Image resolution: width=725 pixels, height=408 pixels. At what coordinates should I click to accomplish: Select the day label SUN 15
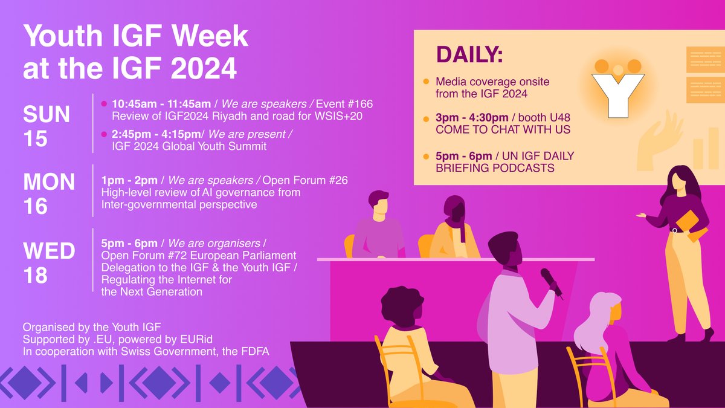47,125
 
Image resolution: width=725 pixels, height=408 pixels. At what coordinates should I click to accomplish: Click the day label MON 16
49,193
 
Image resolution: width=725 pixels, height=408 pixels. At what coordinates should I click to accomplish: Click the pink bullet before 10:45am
103,104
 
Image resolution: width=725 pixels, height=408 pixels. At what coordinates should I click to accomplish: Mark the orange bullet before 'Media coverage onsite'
426,81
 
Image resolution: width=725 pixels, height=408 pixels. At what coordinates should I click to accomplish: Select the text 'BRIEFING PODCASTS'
495,168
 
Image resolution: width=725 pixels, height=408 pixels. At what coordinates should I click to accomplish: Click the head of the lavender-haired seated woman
604,310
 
